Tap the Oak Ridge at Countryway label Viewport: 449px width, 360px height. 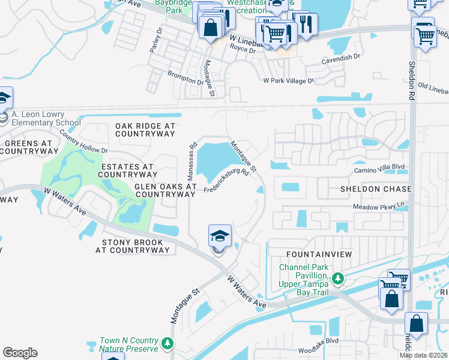click(145, 130)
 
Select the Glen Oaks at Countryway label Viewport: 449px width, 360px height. click(165, 190)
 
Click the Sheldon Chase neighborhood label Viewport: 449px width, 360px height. click(367, 189)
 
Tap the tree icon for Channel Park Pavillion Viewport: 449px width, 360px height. click(338, 278)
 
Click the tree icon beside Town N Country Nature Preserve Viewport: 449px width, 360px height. click(168, 343)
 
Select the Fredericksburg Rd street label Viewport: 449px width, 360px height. click(226, 181)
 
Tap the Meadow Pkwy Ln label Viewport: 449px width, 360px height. click(379, 207)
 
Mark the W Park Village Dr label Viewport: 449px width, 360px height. click(288, 80)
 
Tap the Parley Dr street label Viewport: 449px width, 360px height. click(156, 40)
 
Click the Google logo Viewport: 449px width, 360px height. click(20, 352)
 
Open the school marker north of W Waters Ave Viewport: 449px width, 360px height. click(219, 236)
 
